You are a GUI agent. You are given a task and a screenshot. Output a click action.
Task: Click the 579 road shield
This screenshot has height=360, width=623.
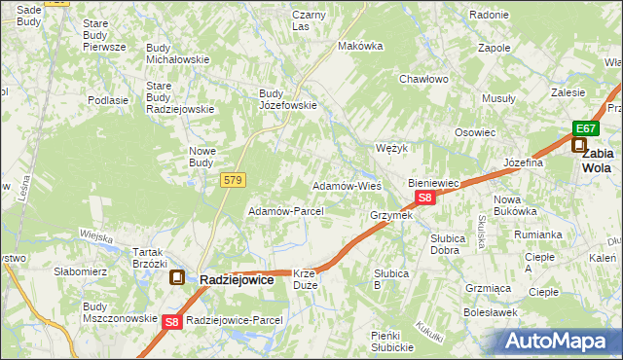coord(234,180)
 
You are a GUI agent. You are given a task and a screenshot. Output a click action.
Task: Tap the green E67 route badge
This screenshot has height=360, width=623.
coord(583,128)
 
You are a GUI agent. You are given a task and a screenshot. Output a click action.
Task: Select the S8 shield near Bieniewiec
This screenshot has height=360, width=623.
coord(424,198)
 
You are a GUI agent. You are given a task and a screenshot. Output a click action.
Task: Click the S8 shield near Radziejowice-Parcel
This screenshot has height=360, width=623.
coord(172,321)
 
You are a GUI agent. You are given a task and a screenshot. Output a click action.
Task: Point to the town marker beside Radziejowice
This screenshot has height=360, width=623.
coord(177,278)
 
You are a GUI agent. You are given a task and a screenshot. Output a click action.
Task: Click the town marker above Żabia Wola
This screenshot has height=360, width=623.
coord(579,146)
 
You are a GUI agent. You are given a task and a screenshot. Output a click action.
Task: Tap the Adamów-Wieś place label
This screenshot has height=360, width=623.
coord(346,185)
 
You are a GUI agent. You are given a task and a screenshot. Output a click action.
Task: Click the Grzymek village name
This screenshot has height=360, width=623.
coord(391,215)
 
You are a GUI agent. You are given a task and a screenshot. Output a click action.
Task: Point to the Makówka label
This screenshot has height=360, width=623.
coord(357,46)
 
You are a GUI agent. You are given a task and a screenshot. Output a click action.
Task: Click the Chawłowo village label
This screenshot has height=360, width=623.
coord(422,80)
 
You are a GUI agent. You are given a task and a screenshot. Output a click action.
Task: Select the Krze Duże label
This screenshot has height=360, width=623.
coord(305,279)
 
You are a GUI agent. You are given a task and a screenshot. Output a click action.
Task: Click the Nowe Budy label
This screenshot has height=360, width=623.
coord(202,156)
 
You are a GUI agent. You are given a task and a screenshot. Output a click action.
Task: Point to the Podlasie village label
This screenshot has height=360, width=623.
coord(108,100)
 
